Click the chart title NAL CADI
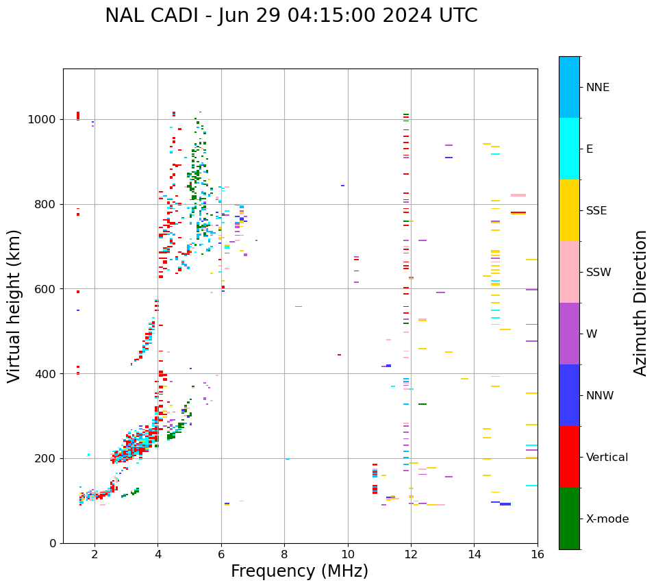click(291, 16)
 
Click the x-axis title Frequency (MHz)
click(299, 571)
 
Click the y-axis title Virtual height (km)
click(14, 305)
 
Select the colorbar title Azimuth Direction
click(640, 303)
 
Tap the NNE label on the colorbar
click(597, 88)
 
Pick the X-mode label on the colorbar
click(607, 519)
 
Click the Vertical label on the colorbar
click(607, 458)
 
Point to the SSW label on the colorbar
click(598, 273)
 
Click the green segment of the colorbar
click(569, 519)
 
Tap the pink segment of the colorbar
click(569, 272)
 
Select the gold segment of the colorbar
click(569, 210)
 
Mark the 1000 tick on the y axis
click(45, 120)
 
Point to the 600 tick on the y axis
click(48, 289)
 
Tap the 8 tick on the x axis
click(284, 554)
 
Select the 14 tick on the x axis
click(474, 554)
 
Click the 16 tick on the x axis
click(538, 554)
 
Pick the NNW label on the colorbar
click(600, 396)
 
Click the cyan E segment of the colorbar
click(569, 149)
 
